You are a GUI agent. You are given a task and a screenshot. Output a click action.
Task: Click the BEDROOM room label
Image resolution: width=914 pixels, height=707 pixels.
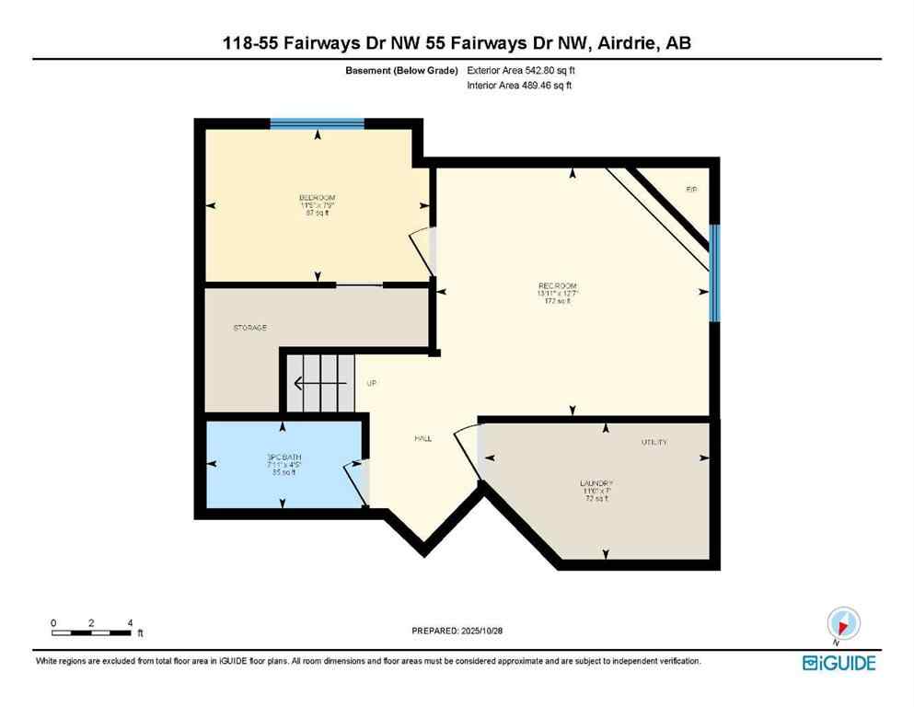point(317,198)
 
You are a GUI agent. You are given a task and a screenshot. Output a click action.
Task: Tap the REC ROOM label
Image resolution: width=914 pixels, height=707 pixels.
point(557,285)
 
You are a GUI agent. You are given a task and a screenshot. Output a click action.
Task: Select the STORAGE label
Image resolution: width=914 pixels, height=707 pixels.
point(249,328)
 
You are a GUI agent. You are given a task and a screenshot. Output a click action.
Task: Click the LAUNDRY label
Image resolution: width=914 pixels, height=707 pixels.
point(596,483)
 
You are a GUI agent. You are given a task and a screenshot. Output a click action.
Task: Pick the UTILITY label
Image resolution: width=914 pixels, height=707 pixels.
point(654,443)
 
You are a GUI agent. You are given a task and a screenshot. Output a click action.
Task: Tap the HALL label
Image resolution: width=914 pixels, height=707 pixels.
point(422,438)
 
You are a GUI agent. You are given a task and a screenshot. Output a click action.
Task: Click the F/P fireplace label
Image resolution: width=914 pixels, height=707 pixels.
point(691,190)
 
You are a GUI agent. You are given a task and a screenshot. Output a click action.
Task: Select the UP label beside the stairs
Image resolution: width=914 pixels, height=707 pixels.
point(372,383)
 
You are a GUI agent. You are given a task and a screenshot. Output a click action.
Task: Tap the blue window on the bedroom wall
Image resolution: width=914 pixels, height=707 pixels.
point(318,122)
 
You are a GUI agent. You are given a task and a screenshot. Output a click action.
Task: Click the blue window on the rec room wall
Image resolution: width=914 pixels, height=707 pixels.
point(714,273)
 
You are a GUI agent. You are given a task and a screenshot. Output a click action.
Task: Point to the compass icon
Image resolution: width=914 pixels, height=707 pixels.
point(843,625)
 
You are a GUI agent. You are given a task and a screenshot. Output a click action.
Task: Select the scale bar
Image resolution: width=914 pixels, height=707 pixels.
point(91,632)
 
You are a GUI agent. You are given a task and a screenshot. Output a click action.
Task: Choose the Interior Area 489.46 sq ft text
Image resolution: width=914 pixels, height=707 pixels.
point(520,86)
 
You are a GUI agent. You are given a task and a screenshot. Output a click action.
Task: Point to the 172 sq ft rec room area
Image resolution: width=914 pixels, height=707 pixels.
point(558,301)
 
